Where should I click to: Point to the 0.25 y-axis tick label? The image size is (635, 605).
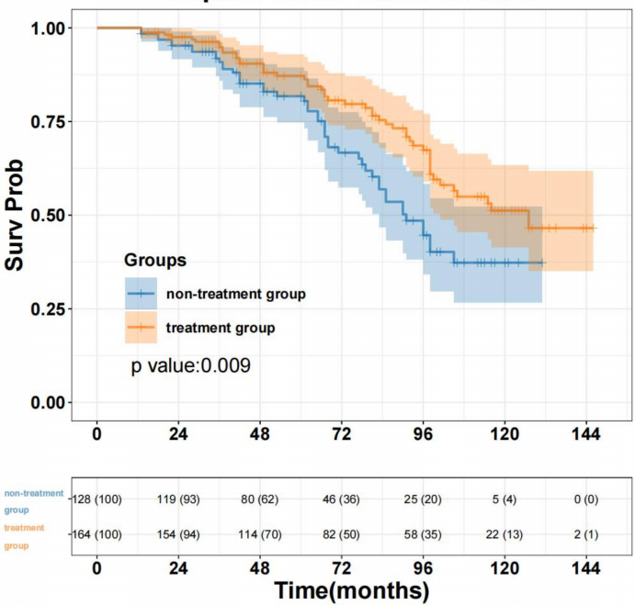pos(50,309)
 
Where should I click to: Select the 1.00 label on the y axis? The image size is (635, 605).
pos(50,28)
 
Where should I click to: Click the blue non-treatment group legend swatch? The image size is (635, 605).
pos(141,294)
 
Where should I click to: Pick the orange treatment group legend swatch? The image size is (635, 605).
pos(141,327)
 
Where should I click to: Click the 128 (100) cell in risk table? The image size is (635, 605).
pos(96,499)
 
